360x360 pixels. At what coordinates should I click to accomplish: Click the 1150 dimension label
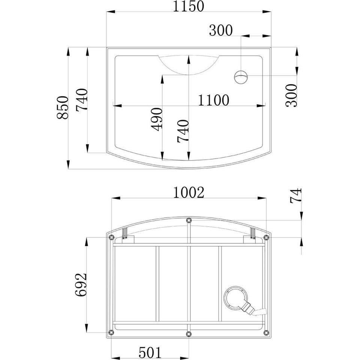coord(188,6)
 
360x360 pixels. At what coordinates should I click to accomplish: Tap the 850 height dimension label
coord(63,108)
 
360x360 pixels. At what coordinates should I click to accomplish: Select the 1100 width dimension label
coord(213,100)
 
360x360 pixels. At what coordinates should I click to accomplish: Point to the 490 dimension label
coord(157,119)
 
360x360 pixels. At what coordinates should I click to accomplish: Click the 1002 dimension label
coord(189,192)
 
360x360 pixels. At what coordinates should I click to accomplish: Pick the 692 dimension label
coord(81,285)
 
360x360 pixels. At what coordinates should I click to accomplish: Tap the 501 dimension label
coord(150,352)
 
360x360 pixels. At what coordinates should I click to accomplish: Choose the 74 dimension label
coord(296,196)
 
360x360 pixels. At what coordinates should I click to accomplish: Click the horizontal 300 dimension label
coord(221,30)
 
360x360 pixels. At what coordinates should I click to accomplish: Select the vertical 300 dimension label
coord(292,96)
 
